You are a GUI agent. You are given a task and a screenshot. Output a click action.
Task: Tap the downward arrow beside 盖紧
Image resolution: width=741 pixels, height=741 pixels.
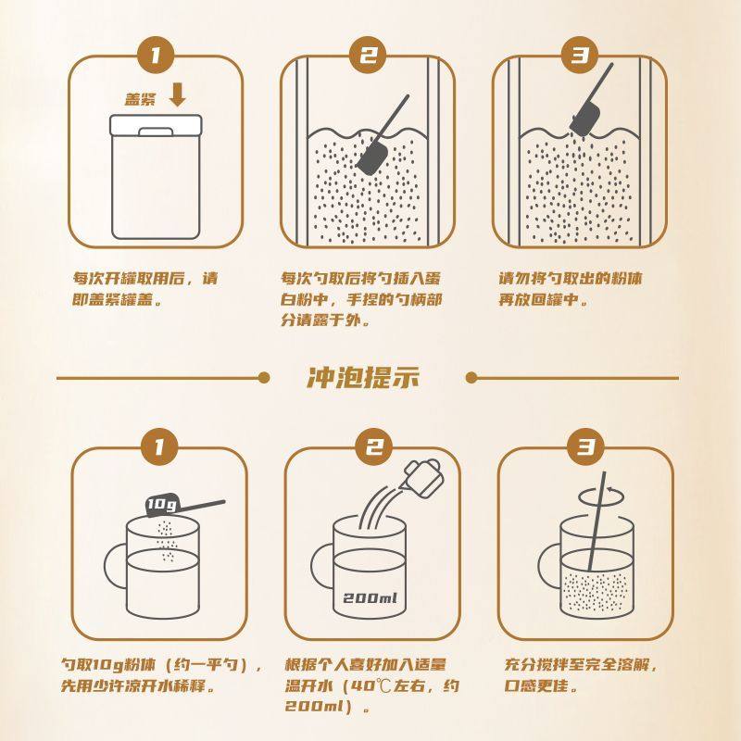pyautogui.click(x=179, y=95)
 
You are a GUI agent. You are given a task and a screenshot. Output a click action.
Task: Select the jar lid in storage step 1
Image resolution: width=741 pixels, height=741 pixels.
pyautogui.click(x=155, y=125)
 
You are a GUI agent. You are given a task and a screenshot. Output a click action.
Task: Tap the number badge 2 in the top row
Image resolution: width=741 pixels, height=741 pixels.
pyautogui.click(x=369, y=55)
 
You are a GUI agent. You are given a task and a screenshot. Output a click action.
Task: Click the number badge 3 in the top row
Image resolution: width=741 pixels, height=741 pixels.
pyautogui.click(x=581, y=55)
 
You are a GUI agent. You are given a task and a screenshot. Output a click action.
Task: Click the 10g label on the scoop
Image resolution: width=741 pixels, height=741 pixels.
pyautogui.click(x=163, y=504)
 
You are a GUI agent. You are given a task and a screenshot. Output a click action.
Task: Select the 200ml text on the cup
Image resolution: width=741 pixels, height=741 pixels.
pyautogui.click(x=369, y=597)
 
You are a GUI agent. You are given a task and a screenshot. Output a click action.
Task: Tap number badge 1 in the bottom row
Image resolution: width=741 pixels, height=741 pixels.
pyautogui.click(x=158, y=448)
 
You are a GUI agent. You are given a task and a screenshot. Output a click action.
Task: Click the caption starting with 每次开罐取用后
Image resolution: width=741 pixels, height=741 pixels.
pyautogui.click(x=145, y=288)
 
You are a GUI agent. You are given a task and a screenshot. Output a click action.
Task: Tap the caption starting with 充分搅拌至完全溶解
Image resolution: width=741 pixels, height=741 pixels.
pyautogui.click(x=584, y=676)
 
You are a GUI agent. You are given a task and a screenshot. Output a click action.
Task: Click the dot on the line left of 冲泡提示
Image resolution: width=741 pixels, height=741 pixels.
pyautogui.click(x=264, y=378)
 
